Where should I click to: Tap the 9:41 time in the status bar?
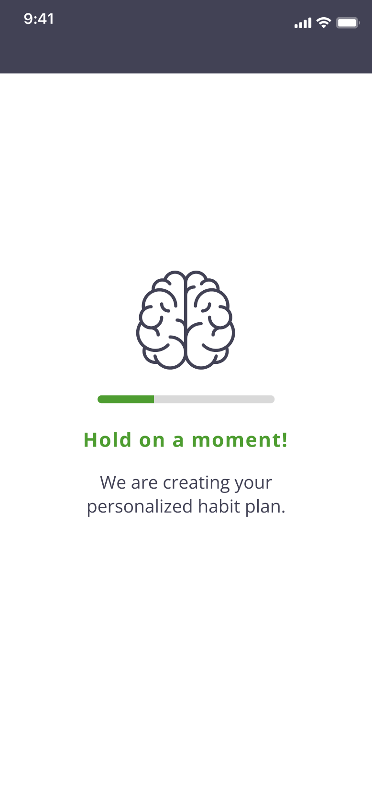click(39, 19)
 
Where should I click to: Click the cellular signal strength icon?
click(303, 23)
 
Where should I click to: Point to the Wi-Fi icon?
click(324, 22)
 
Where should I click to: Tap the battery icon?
click(348, 23)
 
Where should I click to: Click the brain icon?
click(186, 320)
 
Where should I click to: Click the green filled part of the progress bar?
click(126, 399)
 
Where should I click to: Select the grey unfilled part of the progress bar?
click(214, 399)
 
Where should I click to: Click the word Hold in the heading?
click(107, 440)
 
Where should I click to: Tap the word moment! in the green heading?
click(240, 440)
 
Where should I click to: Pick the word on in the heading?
click(152, 441)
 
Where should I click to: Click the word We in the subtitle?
click(113, 482)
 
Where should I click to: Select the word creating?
click(196, 483)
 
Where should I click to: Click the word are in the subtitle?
click(144, 484)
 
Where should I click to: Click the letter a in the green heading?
click(178, 441)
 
